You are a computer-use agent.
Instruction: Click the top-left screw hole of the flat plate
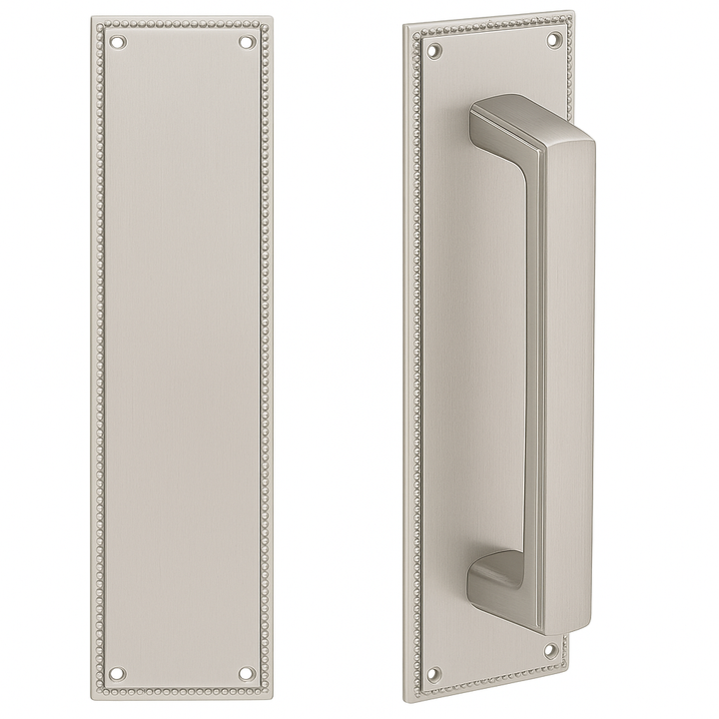point(119,43)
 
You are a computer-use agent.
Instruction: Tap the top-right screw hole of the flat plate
point(247,43)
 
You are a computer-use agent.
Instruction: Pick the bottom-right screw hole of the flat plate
point(247,675)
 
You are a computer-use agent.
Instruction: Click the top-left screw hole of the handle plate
point(432,47)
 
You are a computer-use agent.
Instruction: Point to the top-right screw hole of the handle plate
point(552,40)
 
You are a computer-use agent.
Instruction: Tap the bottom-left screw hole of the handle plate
point(432,671)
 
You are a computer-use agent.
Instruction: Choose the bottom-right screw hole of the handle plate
point(549,651)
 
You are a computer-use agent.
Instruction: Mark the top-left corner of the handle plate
point(405,22)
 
